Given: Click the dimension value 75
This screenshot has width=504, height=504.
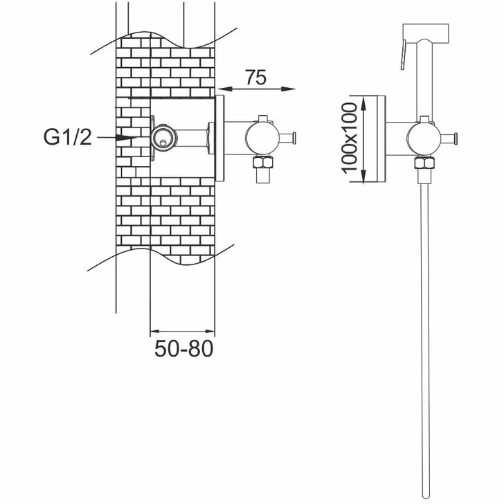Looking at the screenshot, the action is coord(255,78).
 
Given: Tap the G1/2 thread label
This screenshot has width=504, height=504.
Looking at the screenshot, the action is coord(67,138).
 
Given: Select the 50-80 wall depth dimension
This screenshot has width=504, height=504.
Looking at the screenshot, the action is coord(183,348).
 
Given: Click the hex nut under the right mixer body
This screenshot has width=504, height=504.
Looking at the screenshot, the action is coord(424,164).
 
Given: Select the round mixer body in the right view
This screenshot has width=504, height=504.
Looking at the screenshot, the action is coord(423,137).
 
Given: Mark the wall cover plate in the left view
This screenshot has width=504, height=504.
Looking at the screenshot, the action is coord(219,138).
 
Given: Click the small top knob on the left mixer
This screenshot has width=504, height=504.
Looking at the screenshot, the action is coord(262,118).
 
